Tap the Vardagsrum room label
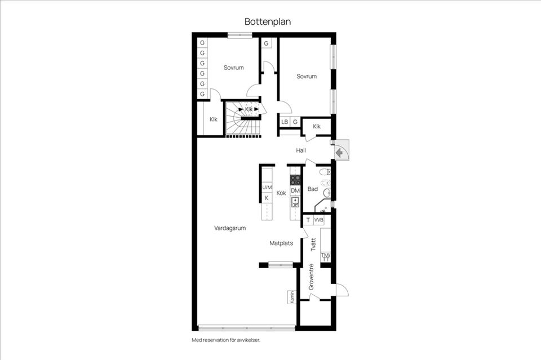(x=229, y=228)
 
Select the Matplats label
(x=281, y=243)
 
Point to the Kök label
(x=281, y=193)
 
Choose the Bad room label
(x=313, y=189)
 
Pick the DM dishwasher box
(x=295, y=190)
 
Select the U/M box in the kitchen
(x=267, y=188)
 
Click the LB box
(x=285, y=122)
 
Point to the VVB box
(x=319, y=220)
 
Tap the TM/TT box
(x=325, y=257)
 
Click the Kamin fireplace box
(x=292, y=296)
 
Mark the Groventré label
(x=311, y=277)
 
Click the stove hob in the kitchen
(x=295, y=180)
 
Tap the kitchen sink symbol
(x=295, y=202)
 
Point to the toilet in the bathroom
(x=324, y=171)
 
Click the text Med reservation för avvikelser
(x=225, y=340)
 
